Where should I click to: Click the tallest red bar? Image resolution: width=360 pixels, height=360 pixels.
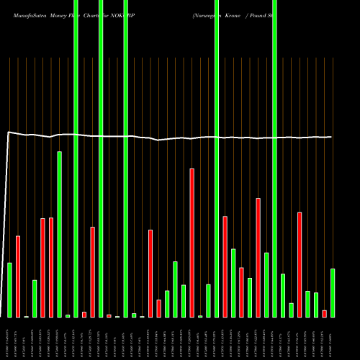click(x=192, y=243)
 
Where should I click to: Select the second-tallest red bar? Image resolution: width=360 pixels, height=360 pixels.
click(x=258, y=257)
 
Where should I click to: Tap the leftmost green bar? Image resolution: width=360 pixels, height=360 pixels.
click(x=10, y=289)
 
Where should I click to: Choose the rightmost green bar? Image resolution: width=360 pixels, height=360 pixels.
click(x=332, y=292)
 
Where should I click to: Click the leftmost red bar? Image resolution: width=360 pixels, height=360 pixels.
click(x=18, y=276)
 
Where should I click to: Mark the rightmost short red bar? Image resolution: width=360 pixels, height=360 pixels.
click(x=324, y=313)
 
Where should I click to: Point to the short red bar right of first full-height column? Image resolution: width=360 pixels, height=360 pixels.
click(x=84, y=314)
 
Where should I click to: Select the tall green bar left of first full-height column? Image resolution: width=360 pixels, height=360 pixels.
click(x=60, y=234)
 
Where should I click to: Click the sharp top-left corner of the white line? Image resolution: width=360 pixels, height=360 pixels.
click(x=8, y=132)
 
